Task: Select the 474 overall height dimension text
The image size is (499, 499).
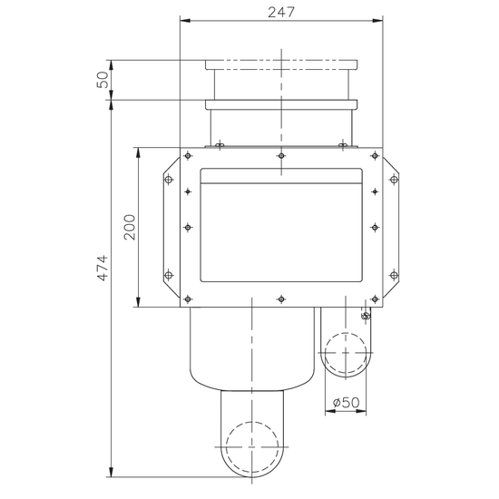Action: click(x=103, y=268)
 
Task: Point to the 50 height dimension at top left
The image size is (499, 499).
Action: click(x=103, y=80)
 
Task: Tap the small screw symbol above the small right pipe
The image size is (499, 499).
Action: click(x=365, y=315)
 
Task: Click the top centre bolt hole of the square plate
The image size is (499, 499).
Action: click(x=281, y=156)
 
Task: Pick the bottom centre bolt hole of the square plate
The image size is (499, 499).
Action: click(x=281, y=298)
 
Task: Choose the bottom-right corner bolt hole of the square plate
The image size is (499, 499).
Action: click(x=375, y=298)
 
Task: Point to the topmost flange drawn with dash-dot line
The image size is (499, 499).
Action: click(x=281, y=65)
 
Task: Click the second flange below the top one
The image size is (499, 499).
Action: click(x=281, y=104)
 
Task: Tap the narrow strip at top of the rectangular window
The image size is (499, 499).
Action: click(x=281, y=178)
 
